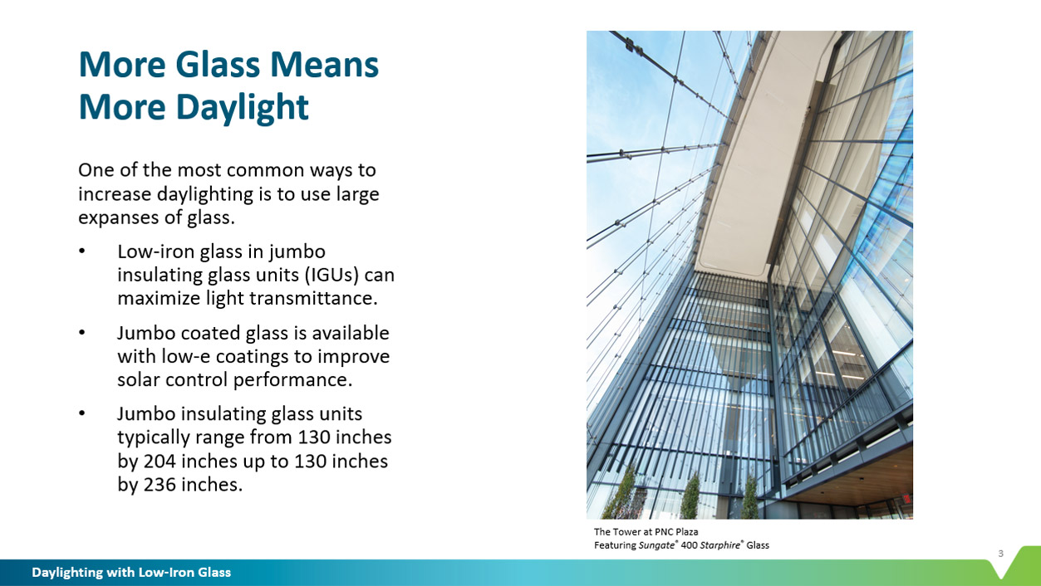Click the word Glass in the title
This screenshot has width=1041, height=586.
coord(218,65)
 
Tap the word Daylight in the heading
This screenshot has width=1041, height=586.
coord(242,108)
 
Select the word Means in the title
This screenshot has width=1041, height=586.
coord(324,65)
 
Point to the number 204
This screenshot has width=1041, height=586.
coord(160,461)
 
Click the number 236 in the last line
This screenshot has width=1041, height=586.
coord(160,485)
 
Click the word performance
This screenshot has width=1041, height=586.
coord(292,380)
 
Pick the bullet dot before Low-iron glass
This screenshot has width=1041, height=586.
coord(82,251)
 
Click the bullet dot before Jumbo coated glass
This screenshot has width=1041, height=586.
coord(82,333)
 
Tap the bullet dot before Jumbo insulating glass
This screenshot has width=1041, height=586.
coord(82,413)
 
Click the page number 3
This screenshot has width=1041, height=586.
coord(1000,554)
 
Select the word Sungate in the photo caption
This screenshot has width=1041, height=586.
coord(656,545)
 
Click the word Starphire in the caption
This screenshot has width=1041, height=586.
coord(719,545)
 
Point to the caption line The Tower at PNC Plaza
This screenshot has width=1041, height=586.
coord(646,532)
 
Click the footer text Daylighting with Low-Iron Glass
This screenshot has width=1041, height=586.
coord(131,573)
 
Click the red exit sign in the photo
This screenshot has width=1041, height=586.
coord(906,499)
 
